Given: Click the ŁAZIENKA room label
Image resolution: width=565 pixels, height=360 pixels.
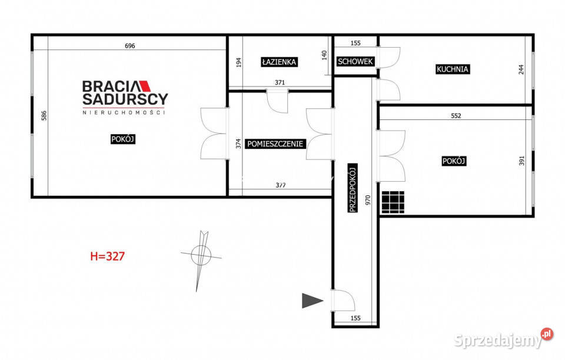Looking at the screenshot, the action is (x=279, y=62).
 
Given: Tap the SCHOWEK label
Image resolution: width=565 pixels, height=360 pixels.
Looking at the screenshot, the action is (x=355, y=62).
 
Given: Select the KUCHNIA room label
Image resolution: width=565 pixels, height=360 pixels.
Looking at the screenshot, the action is (x=452, y=69).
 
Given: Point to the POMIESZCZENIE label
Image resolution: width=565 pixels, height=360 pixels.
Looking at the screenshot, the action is (x=275, y=144).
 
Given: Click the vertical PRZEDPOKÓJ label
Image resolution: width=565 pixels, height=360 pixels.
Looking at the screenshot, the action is (x=353, y=188).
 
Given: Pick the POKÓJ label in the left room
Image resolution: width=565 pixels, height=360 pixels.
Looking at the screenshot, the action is (x=123, y=139).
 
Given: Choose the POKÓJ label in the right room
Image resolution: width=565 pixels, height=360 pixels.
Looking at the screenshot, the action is (x=454, y=161).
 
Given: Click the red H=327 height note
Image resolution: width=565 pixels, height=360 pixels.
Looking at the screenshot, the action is (x=107, y=256).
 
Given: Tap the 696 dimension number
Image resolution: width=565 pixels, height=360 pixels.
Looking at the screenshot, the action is (x=129, y=46).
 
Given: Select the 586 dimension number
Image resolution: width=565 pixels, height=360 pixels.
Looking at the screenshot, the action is (x=44, y=115).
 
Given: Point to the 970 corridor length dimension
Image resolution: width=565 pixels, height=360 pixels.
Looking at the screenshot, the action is (x=368, y=200).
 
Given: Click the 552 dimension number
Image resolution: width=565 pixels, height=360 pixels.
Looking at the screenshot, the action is (x=456, y=116).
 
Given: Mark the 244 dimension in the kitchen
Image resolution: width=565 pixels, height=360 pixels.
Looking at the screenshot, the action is (x=521, y=69).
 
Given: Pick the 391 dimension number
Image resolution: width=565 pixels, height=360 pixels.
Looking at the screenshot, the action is (x=521, y=161).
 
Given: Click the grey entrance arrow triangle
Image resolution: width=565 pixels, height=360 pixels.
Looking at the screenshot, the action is (x=312, y=301).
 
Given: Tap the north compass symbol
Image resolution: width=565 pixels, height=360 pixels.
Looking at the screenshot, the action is (x=201, y=256).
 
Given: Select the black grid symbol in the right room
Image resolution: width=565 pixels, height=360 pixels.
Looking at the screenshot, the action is (x=393, y=202).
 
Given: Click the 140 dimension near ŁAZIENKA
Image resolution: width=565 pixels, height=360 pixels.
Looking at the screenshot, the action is (x=324, y=55).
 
